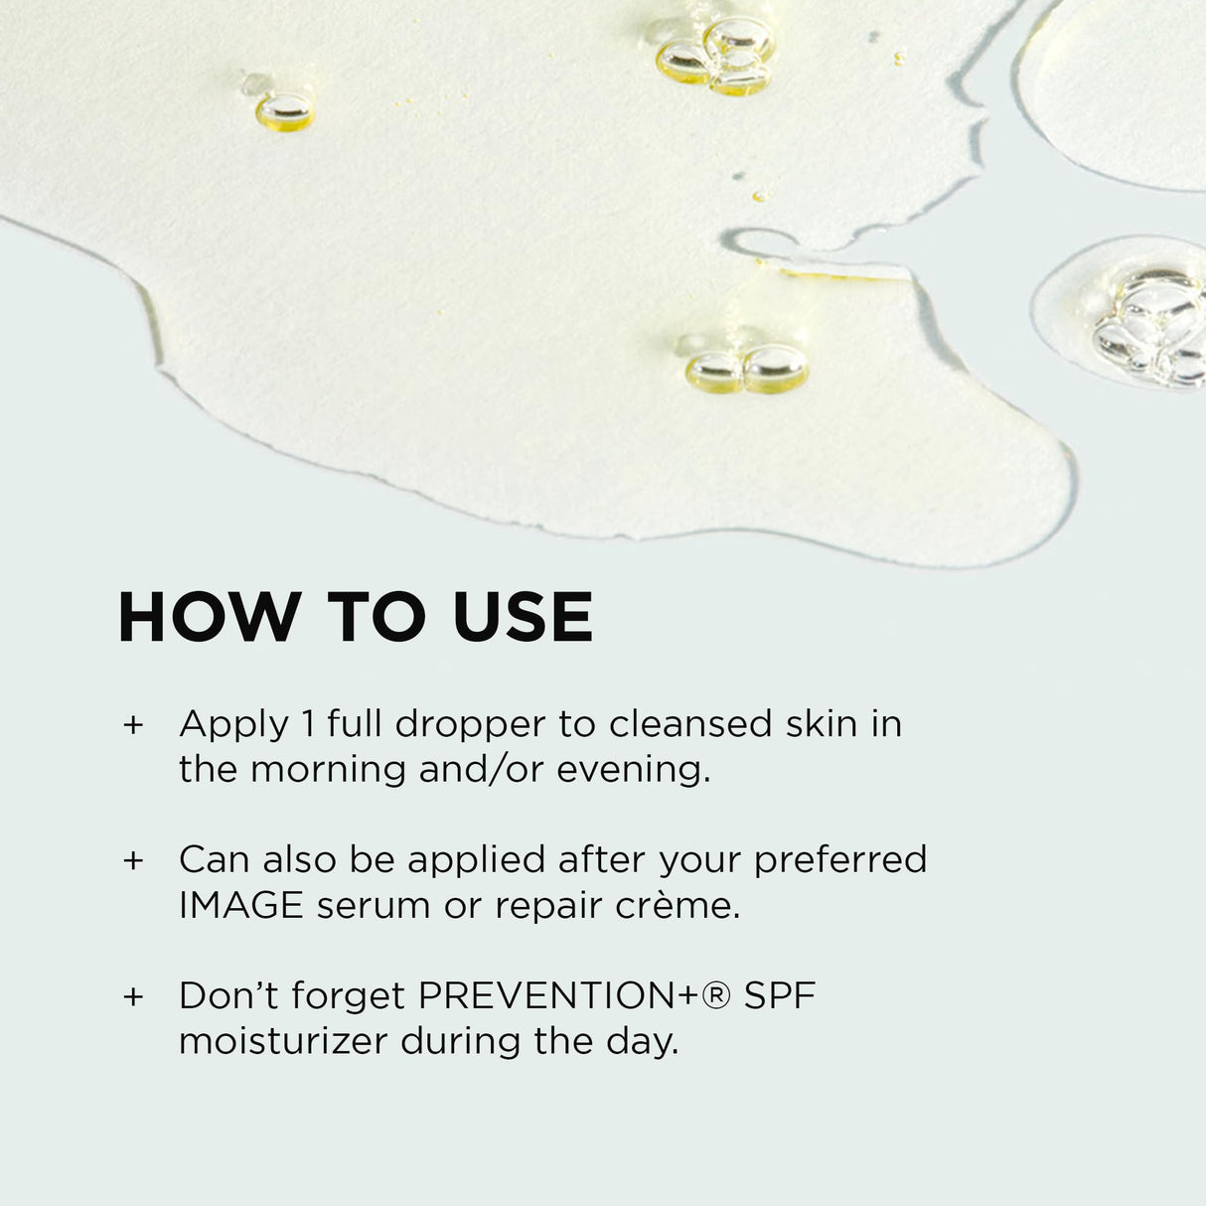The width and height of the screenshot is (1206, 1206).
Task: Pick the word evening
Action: coord(632,770)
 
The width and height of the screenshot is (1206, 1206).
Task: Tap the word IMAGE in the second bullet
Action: coord(241,906)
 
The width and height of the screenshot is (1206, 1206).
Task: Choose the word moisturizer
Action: coord(283,1041)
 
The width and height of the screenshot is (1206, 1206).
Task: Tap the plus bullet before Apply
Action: coord(133,725)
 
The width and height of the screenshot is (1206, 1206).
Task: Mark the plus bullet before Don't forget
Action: coord(133,996)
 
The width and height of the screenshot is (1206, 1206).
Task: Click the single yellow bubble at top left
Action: coord(285,111)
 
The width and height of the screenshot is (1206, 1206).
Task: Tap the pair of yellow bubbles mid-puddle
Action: coord(747,370)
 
